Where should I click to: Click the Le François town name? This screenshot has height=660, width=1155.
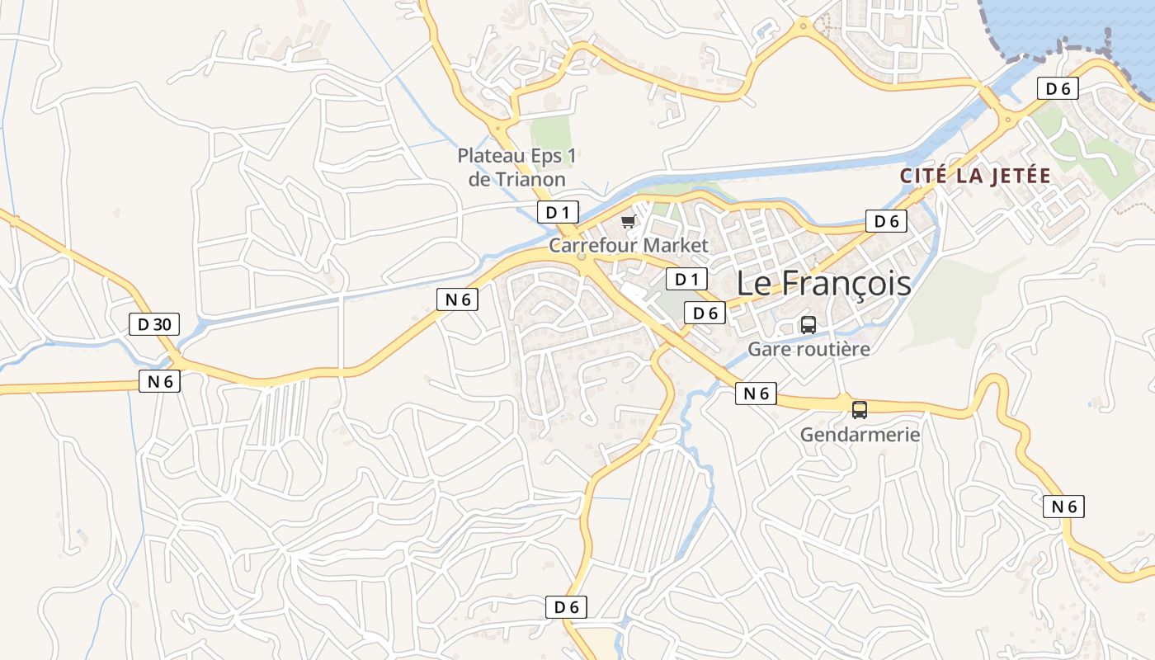(x=823, y=284)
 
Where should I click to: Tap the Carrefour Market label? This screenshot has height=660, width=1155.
(x=629, y=246)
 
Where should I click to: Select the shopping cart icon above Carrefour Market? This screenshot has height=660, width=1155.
(x=629, y=221)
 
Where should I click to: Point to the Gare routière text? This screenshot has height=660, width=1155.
(x=808, y=349)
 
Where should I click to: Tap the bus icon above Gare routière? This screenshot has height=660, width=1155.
(x=808, y=325)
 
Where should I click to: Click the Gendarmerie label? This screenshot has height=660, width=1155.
(x=860, y=434)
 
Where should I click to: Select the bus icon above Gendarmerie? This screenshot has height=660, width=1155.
(x=860, y=409)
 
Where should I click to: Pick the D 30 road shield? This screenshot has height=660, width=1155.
(x=154, y=324)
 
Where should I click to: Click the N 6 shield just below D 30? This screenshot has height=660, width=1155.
(x=159, y=381)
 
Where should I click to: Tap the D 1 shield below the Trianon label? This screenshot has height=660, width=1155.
(x=559, y=212)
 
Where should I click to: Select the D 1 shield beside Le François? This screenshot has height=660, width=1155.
(x=686, y=280)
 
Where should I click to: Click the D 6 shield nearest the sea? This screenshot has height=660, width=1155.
(x=1058, y=89)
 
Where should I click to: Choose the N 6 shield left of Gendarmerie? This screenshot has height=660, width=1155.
(x=757, y=394)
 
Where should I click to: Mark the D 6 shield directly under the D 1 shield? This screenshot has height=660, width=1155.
(x=705, y=313)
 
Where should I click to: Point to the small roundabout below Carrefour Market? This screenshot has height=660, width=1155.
(x=582, y=257)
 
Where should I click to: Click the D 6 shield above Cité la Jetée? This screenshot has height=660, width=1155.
(x=886, y=221)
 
